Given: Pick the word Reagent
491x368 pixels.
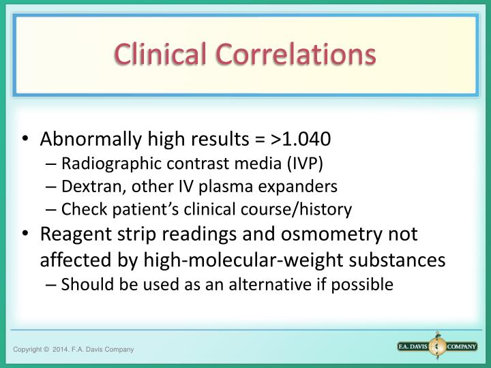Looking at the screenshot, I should click(x=70, y=234).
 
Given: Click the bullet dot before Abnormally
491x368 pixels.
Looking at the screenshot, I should click(x=25, y=140).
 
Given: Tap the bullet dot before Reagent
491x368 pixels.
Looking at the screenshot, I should click(x=25, y=234).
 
